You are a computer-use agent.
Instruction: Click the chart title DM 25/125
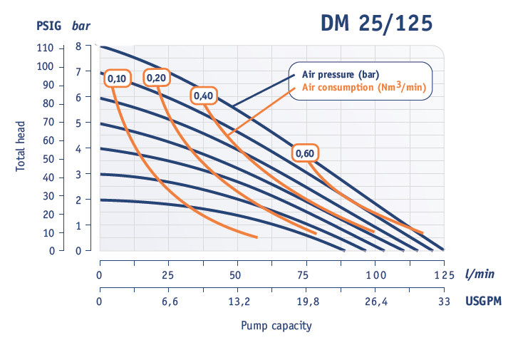[x=375, y=24]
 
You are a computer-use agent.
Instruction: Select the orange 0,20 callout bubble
[x=157, y=78]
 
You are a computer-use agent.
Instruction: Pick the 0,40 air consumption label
[x=202, y=96]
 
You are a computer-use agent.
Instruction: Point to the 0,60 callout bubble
[x=305, y=153]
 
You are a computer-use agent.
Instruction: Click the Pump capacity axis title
[x=276, y=326]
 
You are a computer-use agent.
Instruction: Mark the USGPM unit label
[x=484, y=301]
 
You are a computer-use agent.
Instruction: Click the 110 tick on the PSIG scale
[x=46, y=48]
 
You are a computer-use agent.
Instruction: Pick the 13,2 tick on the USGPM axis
[x=237, y=301]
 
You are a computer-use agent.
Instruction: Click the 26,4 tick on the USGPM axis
[x=375, y=301]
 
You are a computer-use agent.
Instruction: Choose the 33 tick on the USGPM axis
[x=444, y=301]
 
